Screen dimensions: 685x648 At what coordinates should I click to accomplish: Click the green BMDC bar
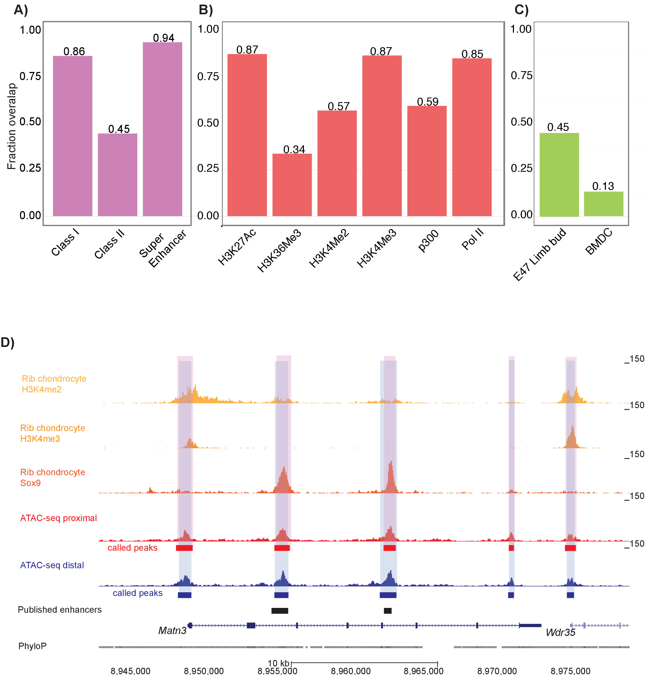604,204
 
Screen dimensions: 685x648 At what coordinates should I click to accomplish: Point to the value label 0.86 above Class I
74,51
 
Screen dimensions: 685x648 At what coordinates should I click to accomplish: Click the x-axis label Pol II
472,239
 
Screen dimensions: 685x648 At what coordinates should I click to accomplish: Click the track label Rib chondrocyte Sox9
53,477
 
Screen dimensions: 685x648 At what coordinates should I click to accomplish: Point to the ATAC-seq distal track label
52,565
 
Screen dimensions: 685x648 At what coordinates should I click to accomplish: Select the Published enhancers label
59,610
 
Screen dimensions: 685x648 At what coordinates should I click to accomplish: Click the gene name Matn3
172,631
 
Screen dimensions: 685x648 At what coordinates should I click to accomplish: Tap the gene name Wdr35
560,632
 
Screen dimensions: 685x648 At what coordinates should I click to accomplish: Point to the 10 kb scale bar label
278,663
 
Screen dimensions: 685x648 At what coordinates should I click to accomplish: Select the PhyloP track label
32,646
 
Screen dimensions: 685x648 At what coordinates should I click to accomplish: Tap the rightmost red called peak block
570,548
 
